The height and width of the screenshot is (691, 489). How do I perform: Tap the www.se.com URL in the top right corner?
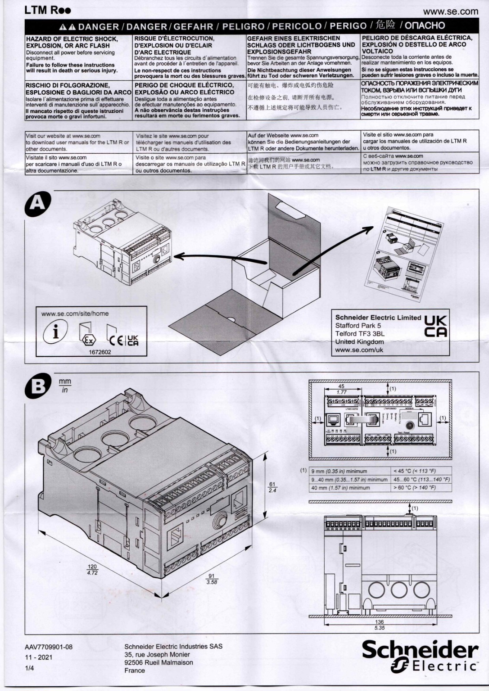(451, 12)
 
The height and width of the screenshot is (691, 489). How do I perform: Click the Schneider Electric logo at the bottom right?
(420, 656)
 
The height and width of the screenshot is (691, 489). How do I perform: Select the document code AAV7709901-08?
(48, 647)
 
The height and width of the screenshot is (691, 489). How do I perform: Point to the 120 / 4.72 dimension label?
(92, 569)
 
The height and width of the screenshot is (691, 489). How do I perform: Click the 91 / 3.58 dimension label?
(211, 579)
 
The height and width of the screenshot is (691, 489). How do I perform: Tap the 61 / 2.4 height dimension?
(272, 487)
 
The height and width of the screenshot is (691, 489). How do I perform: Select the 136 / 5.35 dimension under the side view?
(379, 625)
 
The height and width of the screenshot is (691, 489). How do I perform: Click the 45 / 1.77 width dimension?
(342, 389)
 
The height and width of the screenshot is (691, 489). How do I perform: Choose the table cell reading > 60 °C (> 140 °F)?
(414, 488)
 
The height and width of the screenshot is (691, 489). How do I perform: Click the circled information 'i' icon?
(55, 332)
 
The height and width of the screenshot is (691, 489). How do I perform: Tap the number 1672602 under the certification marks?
(100, 352)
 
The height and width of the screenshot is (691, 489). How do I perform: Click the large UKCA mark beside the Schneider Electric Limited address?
(435, 326)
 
